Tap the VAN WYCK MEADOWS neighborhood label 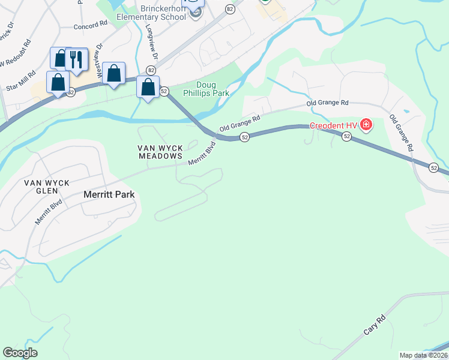(x=160, y=152)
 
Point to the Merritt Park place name (x=108, y=194)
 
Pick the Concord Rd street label (x=89, y=26)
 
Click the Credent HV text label (x=333, y=125)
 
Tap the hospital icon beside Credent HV (x=366, y=125)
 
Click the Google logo (x=20, y=353)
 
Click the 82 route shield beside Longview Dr (x=149, y=71)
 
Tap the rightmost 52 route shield (x=434, y=169)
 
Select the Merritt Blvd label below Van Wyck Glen (x=49, y=212)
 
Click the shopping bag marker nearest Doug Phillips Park (x=148, y=88)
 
